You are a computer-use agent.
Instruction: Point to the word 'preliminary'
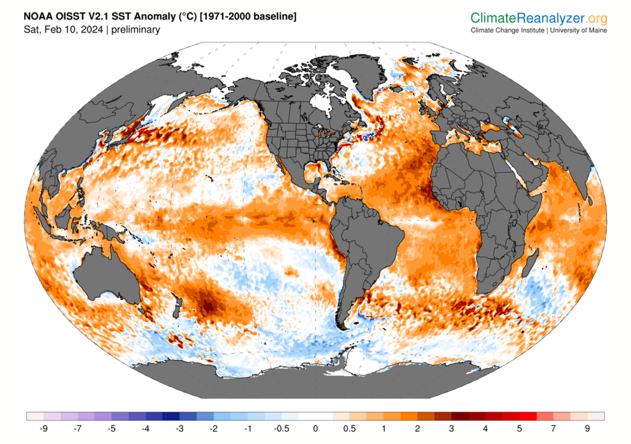click(135, 30)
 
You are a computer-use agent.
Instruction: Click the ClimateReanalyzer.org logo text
click(539, 18)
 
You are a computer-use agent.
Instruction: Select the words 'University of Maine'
click(578, 30)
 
